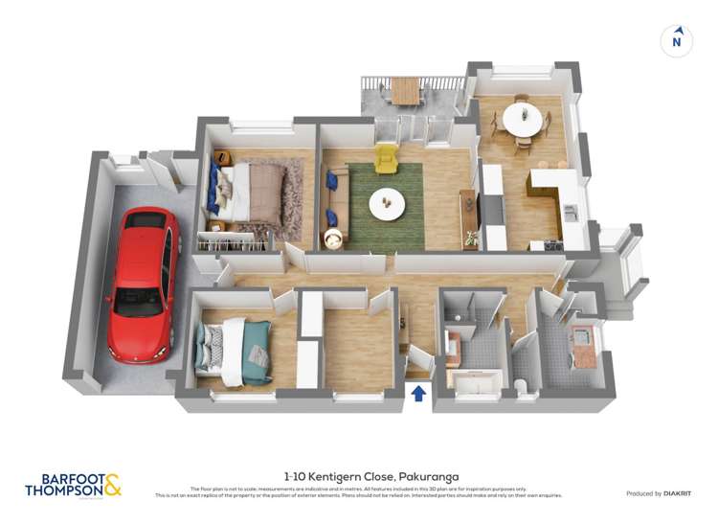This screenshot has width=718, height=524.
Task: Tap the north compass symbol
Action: click(677, 39)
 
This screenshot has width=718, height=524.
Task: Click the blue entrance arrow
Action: click(417, 393)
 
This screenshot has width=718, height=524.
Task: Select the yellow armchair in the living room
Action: click(386, 159)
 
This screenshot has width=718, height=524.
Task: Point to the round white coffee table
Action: click(387, 200)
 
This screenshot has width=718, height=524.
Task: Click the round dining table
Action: click(522, 121)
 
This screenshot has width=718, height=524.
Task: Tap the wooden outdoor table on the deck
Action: click(405, 90)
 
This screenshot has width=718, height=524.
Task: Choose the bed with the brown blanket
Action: click(254, 191)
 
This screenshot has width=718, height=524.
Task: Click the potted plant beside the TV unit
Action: click(470, 238)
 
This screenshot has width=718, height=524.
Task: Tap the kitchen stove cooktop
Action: click(552, 244)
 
